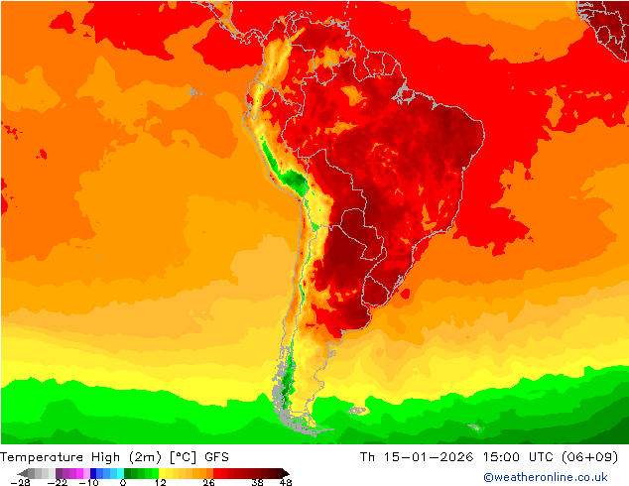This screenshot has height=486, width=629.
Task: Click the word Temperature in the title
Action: pyautogui.click(x=43, y=457)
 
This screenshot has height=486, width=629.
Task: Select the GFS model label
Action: pyautogui.click(x=217, y=457)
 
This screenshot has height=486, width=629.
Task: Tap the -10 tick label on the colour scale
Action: pyautogui.click(x=87, y=483)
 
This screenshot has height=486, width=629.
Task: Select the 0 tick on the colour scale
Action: pyautogui.click(x=122, y=483)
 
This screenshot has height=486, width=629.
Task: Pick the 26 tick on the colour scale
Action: pyautogui.click(x=207, y=483)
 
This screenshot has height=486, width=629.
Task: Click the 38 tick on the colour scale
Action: pyautogui.click(x=258, y=483)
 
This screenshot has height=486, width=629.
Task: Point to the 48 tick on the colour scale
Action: pyautogui.click(x=287, y=483)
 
